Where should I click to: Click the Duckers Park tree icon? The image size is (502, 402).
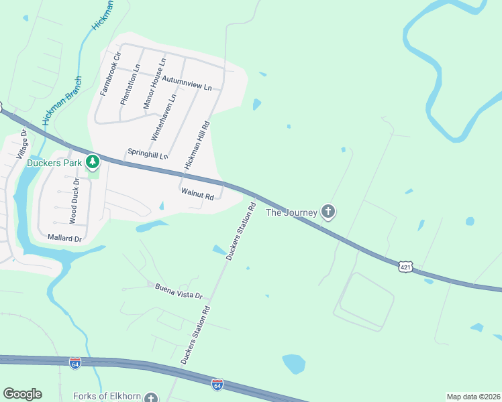[93, 161]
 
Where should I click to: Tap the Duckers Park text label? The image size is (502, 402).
[54, 162]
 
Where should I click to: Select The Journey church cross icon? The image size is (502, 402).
[328, 212]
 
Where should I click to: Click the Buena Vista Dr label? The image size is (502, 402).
[179, 290]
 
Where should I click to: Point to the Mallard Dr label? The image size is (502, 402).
[64, 238]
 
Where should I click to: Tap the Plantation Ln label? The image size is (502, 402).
[129, 84]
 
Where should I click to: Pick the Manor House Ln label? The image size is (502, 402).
[154, 84]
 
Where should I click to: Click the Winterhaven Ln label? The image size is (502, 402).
[163, 116]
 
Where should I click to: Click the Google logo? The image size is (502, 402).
[22, 394]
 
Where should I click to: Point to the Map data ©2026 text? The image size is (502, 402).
[472, 397]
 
